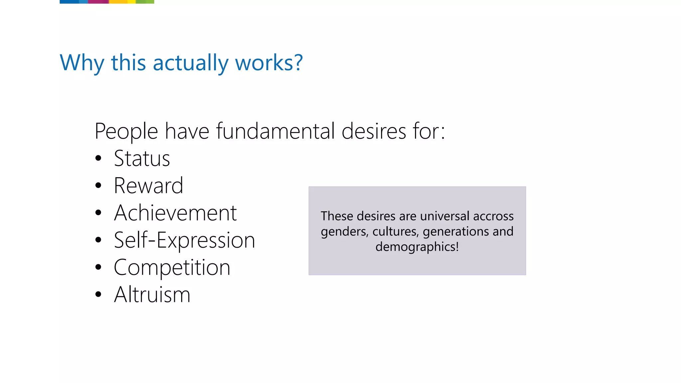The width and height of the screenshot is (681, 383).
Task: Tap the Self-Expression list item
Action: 184,240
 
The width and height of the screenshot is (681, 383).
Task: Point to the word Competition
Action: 172,267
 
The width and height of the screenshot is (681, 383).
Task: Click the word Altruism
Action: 152,295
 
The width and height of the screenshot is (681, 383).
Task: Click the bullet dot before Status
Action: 98,158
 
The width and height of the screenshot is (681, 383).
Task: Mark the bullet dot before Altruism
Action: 98,295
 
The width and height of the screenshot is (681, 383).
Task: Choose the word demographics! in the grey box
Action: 417,247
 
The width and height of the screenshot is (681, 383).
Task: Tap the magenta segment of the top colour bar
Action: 98,2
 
